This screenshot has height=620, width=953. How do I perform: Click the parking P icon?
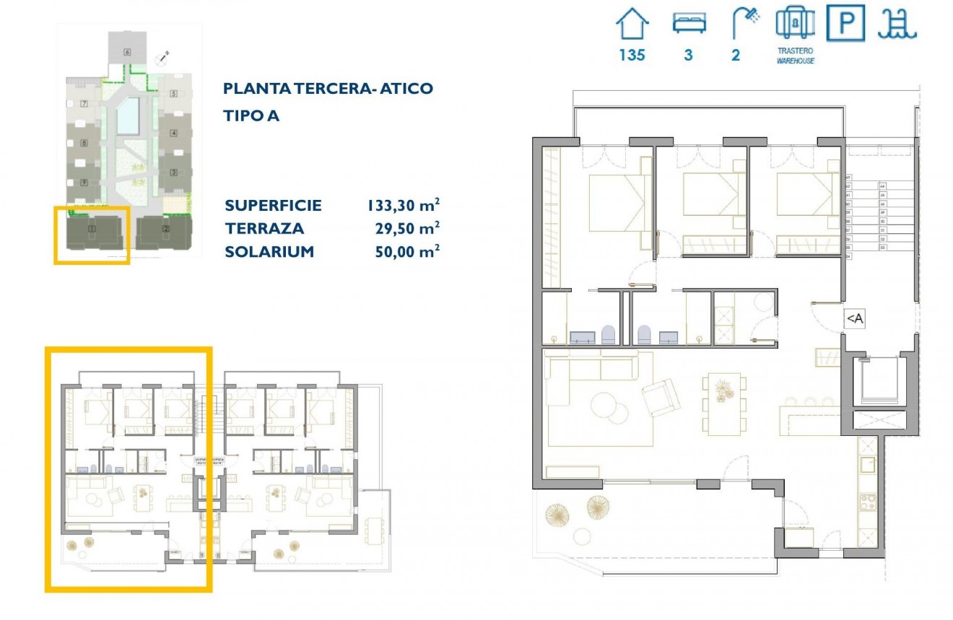845,23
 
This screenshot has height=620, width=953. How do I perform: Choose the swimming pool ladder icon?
897,24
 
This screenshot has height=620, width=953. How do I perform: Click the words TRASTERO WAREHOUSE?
795,56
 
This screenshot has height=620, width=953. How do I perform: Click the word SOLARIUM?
269,251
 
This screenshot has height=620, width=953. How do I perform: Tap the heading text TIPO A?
251,115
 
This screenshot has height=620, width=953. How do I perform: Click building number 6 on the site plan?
127,51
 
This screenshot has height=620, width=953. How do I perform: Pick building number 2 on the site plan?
165,230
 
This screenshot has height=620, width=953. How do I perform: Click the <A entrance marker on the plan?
854,318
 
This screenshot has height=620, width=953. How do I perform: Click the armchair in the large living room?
661,397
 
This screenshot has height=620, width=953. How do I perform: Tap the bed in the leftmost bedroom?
616,202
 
